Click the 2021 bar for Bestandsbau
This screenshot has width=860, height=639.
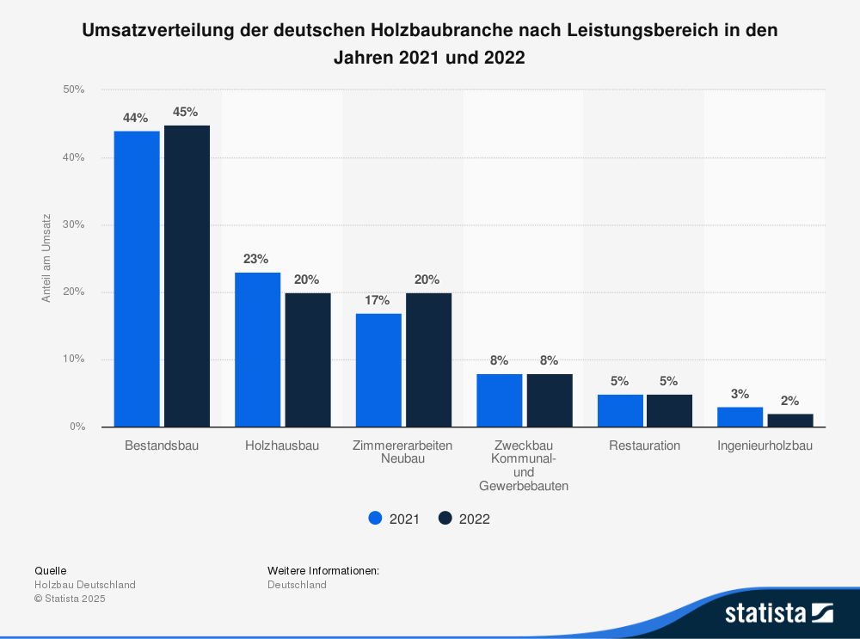pyautogui.click(x=137, y=279)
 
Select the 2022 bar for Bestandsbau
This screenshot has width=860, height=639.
pyautogui.click(x=187, y=276)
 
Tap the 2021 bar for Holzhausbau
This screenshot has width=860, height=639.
pyautogui.click(x=257, y=349)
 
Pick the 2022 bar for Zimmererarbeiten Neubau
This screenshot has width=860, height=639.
pyautogui.click(x=428, y=359)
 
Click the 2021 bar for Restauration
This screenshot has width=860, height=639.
pyautogui.click(x=620, y=410)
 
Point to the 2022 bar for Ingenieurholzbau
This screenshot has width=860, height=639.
pyautogui.click(x=790, y=420)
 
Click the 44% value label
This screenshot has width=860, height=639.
pyautogui.click(x=136, y=118)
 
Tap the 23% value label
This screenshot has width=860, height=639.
pyautogui.click(x=256, y=259)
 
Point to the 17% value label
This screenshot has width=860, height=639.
pyautogui.click(x=378, y=300)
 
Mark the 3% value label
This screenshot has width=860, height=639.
pyautogui.click(x=740, y=394)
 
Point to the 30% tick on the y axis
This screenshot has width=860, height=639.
pyautogui.click(x=73, y=225)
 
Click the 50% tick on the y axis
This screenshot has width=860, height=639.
pyautogui.click(x=73, y=89)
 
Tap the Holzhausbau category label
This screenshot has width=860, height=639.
pyautogui.click(x=282, y=445)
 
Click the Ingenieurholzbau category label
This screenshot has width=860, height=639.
pyautogui.click(x=765, y=445)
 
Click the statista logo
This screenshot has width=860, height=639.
pyautogui.click(x=778, y=613)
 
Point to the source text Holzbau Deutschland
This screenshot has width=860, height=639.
pyautogui.click(x=85, y=585)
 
